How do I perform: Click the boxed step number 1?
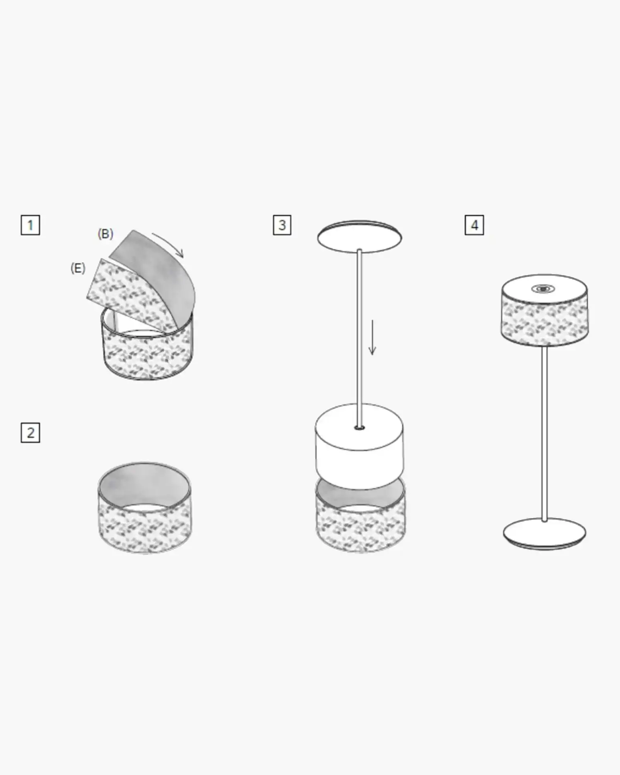tap(30, 225)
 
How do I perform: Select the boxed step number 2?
tap(30, 433)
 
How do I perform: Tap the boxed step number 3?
tap(282, 225)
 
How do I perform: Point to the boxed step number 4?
tap(474, 225)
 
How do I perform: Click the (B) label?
tap(105, 234)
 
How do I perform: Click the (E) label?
tap(78, 268)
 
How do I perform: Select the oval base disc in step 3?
tap(360, 236)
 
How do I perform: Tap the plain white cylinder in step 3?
tap(359, 446)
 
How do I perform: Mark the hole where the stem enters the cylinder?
tap(360, 427)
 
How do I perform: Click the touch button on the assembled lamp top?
tap(543, 289)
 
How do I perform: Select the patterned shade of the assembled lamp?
tap(545, 310)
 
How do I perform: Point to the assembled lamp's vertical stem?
tap(545, 433)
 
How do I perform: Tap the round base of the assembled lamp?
tap(544, 534)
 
